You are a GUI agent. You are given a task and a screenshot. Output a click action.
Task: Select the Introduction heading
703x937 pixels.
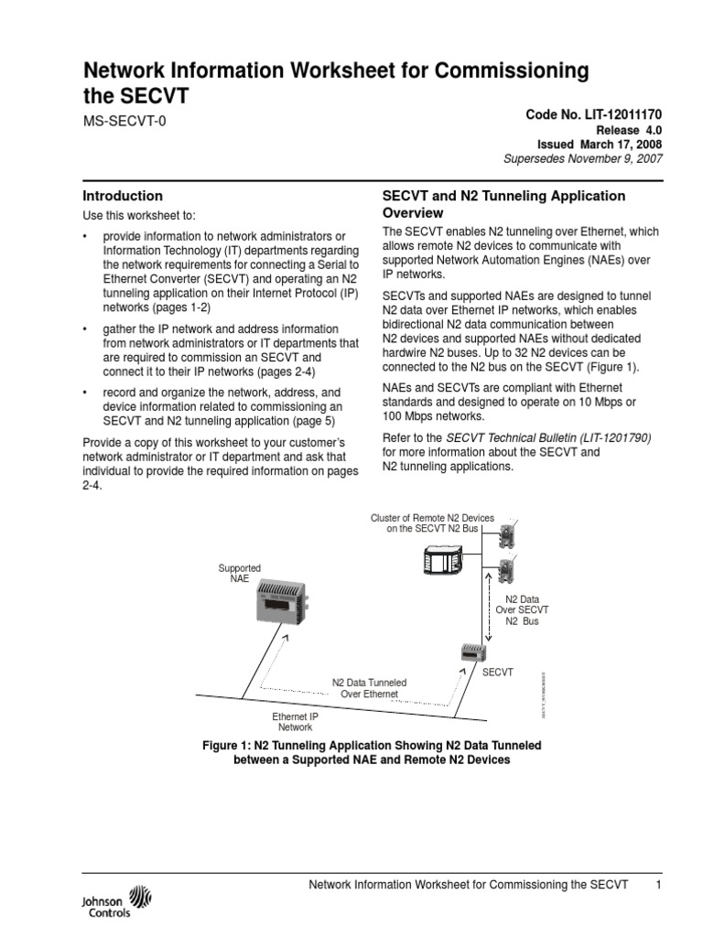123,196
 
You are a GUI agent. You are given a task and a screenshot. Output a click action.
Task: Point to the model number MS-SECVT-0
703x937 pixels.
125,120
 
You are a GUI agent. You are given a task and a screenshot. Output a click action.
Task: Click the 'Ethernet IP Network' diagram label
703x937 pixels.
296,721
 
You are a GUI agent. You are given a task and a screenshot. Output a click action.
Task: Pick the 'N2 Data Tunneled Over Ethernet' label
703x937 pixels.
369,688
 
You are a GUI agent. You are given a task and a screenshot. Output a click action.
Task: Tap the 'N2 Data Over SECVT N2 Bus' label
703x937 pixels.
523,609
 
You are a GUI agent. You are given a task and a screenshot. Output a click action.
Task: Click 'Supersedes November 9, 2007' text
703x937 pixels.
583,158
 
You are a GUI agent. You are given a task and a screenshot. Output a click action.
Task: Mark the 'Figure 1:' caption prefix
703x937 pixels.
226,746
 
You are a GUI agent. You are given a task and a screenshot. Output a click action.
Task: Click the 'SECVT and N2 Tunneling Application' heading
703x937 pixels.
503,196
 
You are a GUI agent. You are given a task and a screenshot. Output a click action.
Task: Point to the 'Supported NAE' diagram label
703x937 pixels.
239,574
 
